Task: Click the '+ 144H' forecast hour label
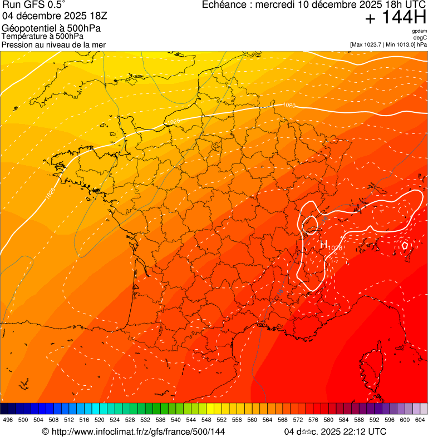[395, 18]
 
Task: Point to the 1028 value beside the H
[335, 247]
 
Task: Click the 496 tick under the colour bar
[8, 420]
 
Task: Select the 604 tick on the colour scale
[420, 420]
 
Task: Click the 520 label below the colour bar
[100, 420]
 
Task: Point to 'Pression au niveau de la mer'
[53, 44]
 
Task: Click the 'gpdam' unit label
[419, 31]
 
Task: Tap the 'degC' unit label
[420, 38]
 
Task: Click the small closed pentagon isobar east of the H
[405, 245]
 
